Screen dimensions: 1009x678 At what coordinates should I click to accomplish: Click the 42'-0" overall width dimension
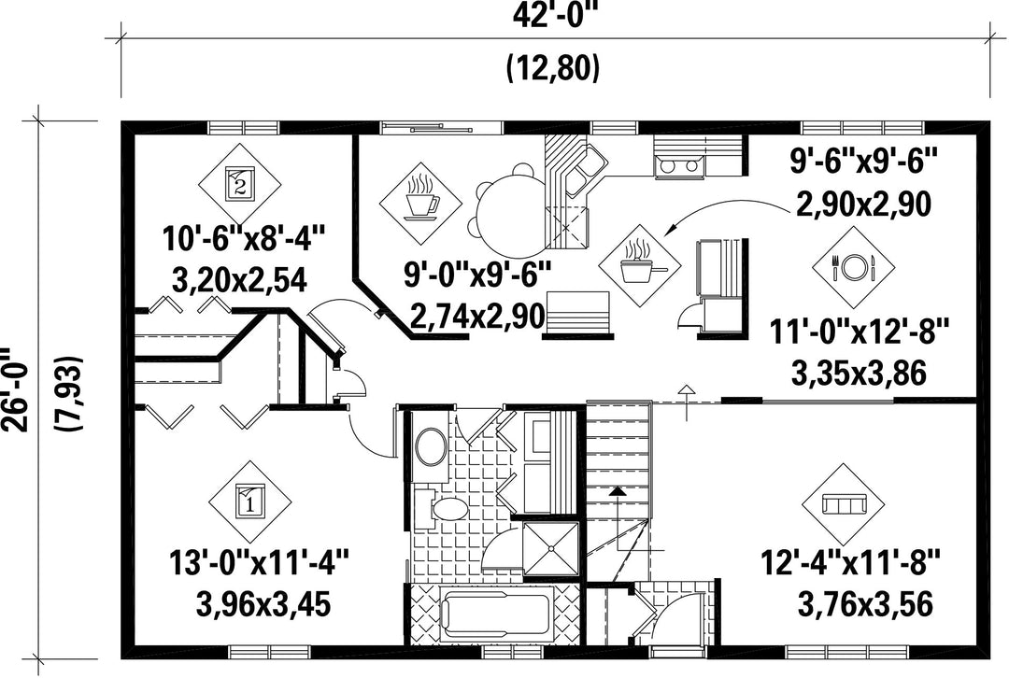click(x=551, y=16)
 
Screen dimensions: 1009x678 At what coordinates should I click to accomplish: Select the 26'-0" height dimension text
click(x=14, y=389)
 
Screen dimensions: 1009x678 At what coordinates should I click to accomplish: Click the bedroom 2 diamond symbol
click(x=239, y=185)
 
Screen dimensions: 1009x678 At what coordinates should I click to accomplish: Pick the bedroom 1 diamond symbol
click(x=250, y=501)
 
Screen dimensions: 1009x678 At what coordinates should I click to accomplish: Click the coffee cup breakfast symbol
click(x=420, y=204)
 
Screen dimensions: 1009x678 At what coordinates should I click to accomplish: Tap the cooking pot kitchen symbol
click(x=639, y=265)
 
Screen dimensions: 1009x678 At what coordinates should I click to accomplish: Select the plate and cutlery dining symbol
click(x=853, y=266)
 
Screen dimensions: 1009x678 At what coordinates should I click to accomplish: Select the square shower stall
click(x=551, y=549)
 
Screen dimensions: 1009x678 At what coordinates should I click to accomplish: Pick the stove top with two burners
click(x=679, y=166)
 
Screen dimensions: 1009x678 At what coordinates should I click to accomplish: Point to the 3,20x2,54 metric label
click(x=239, y=280)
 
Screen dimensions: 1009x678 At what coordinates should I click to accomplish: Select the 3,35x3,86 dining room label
click(x=860, y=374)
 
